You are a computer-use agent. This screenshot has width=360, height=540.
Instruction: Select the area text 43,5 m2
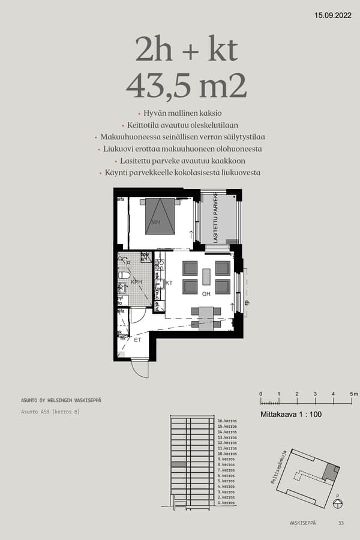[186, 86]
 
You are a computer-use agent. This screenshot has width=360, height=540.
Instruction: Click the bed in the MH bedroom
[160, 217]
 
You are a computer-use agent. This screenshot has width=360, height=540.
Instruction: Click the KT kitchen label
[169, 282]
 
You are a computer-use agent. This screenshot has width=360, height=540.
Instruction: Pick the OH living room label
[205, 294]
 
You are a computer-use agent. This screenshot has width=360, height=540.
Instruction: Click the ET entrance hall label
[137, 340]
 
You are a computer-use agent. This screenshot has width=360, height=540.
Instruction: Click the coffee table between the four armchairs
[206, 277]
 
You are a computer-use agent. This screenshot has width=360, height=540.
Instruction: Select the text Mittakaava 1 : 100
[290, 415]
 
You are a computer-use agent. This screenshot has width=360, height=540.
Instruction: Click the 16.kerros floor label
[226, 421]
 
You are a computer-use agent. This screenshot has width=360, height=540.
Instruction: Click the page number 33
[341, 523]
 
